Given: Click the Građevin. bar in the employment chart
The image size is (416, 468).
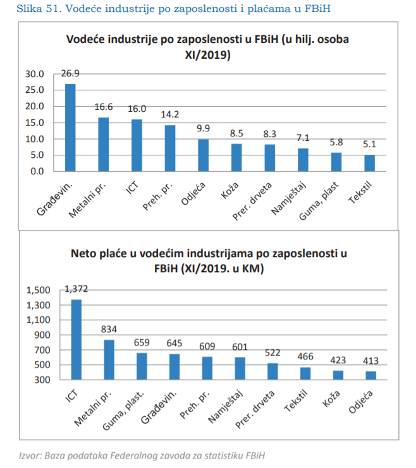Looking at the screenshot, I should coord(71,128).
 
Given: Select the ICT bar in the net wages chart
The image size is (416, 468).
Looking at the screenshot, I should coord(76,340).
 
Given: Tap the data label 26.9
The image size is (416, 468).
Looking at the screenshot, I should coord(71,73).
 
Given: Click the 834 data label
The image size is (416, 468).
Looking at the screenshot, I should coord(109,329).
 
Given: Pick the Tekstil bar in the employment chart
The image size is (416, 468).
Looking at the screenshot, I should coord(369,163).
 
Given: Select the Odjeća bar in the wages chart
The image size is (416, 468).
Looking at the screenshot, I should coord(370,376).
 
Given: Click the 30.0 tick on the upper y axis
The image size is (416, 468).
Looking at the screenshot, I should coord(35,74).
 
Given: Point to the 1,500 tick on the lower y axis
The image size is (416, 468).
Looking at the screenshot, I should coord(37,291).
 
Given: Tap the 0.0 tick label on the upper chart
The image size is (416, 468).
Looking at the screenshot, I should coord(37,171).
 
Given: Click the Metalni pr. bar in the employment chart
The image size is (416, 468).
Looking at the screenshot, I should coord(104,144).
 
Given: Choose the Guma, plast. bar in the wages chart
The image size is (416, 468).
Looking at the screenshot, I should coord(142,366).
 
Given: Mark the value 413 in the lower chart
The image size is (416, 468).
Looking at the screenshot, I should coord(370,361).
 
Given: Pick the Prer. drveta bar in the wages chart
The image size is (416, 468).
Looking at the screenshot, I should coord(272,371).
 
